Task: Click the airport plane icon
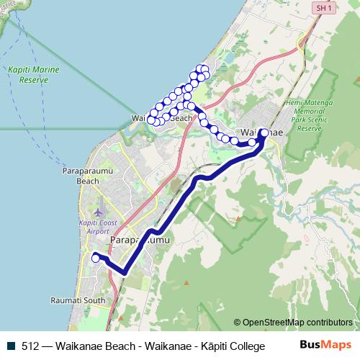(98, 214)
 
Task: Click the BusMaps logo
(325, 345)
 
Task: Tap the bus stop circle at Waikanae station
(264, 133)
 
